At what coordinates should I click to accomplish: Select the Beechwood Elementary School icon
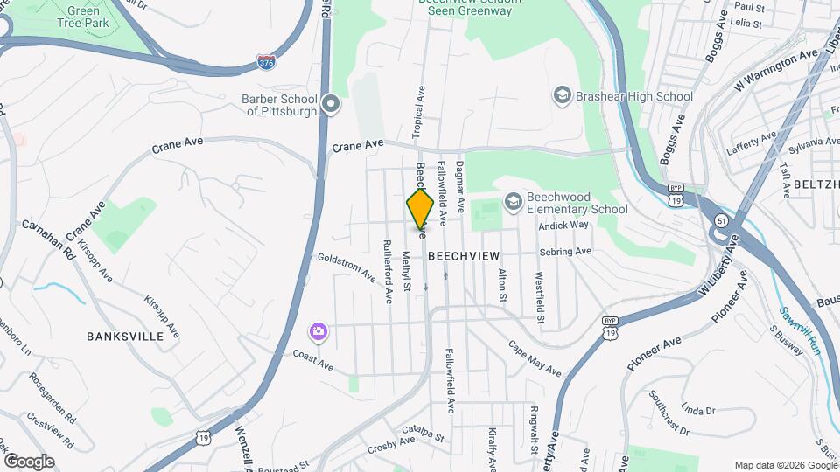[x=513, y=202]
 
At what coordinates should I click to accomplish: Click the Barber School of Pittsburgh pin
[x=331, y=105]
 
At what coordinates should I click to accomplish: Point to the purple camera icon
[x=318, y=332]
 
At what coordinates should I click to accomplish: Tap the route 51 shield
[x=719, y=219]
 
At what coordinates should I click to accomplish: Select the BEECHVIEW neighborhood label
[x=464, y=255]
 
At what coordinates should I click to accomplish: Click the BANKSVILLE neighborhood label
[x=125, y=336]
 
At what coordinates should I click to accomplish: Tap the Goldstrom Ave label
[x=346, y=265]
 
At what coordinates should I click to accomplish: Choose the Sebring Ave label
[x=566, y=252]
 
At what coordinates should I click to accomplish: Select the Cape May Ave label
[x=535, y=359]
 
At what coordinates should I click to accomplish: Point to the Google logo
[x=29, y=462]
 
